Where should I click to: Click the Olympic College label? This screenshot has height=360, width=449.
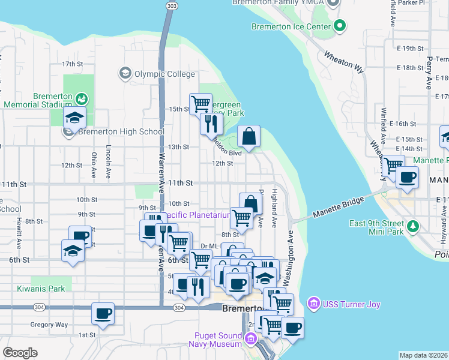[x=164, y=74]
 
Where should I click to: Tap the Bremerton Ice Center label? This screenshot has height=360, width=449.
[x=291, y=26]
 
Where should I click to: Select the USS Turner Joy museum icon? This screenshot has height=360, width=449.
[x=313, y=304]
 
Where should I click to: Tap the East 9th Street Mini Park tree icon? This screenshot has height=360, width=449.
[x=413, y=226]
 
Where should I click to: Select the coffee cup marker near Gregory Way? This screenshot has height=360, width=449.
[x=103, y=314]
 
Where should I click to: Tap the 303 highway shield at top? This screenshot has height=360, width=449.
[x=172, y=5]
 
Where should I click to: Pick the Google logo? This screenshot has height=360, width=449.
[x=20, y=352]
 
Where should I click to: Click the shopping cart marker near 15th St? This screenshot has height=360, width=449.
[x=200, y=103]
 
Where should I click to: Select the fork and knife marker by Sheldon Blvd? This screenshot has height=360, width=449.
[x=211, y=124]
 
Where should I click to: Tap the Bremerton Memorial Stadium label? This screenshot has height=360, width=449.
[x=37, y=100]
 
